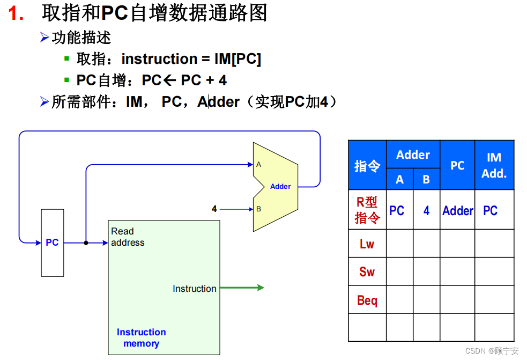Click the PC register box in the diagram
pyautogui.click(x=52, y=243)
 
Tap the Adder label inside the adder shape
pyautogui.click(x=280, y=187)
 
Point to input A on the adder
pyautogui.click(x=258, y=165)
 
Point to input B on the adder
pyautogui.click(x=258, y=209)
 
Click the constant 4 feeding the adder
pyautogui.click(x=214, y=209)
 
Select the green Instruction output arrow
pyautogui.click(x=242, y=288)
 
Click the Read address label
pyautogui.click(x=128, y=237)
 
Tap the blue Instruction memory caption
pyautogui.click(x=141, y=338)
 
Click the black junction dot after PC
pyautogui.click(x=86, y=243)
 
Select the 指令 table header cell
pyautogui.click(x=367, y=166)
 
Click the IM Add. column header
pyautogui.click(x=494, y=165)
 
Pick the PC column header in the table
pyautogui.click(x=457, y=166)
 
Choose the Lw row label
pyautogui.click(x=367, y=244)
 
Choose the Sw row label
pyautogui.click(x=367, y=272)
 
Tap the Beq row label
pyautogui.click(x=367, y=300)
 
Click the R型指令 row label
pyautogui.click(x=367, y=210)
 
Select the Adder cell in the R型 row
pyautogui.click(x=457, y=211)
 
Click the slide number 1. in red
pyautogui.click(x=16, y=14)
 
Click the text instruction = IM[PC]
pyautogui.click(x=191, y=59)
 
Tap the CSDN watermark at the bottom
pyautogui.click(x=491, y=351)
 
